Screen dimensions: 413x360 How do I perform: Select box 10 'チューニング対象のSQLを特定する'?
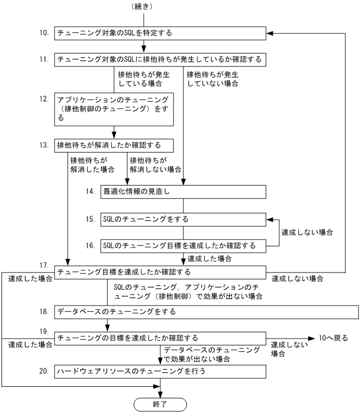pos(159,33)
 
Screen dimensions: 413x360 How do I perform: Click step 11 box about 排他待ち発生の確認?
pos(159,60)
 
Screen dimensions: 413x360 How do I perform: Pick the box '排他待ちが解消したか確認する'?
pos(115,145)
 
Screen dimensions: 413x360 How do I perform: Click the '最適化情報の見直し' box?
pos(183,192)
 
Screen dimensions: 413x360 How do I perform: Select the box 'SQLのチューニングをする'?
pos(183,218)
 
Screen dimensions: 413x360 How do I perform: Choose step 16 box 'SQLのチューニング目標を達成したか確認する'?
pos(183,245)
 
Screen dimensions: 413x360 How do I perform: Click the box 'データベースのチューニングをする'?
pos(206,311)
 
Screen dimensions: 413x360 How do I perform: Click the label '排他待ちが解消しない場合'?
pos(155,164)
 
